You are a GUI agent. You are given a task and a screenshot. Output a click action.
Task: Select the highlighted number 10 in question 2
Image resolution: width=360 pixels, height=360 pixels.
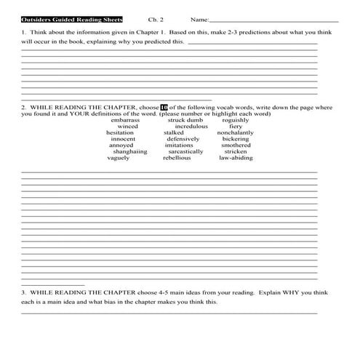click(164, 107)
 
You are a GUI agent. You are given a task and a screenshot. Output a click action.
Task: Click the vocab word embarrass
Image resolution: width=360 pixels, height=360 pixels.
click(125, 120)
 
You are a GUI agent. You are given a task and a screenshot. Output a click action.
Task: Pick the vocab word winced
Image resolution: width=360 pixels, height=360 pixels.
click(128, 127)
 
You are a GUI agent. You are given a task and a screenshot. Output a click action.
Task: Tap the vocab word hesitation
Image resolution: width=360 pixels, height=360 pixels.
click(120, 133)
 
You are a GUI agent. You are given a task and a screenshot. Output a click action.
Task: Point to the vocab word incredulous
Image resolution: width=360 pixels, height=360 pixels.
click(191, 127)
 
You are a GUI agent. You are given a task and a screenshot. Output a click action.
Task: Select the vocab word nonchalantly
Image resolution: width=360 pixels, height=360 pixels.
click(236, 133)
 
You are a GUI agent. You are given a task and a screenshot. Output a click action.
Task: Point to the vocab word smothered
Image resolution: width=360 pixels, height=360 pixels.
click(236, 145)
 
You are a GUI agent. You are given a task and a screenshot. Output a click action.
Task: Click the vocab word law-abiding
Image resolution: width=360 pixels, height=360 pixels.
click(236, 158)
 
